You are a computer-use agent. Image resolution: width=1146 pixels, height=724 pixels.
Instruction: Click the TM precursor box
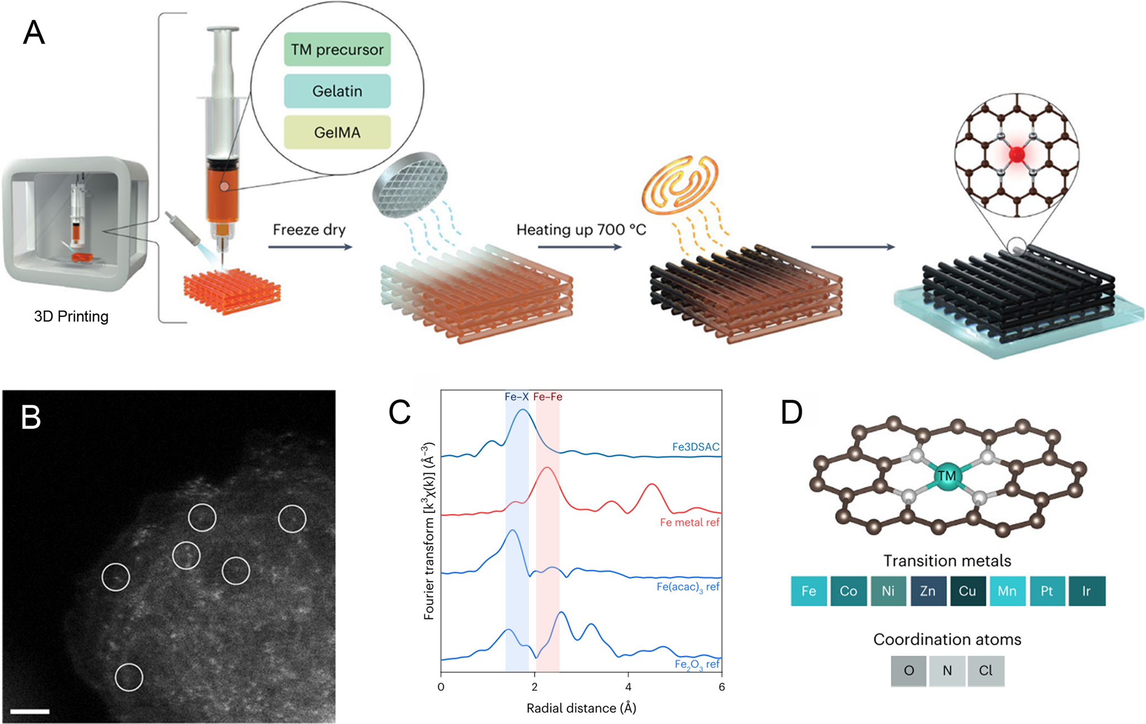(x=337, y=50)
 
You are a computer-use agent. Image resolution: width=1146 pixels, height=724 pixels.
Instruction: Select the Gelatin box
(x=337, y=91)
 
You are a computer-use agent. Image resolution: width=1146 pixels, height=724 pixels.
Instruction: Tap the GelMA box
(x=337, y=133)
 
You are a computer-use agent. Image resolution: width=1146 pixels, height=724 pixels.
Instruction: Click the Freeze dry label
(x=309, y=230)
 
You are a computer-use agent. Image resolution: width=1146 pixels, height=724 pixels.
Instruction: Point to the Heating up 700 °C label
(x=581, y=230)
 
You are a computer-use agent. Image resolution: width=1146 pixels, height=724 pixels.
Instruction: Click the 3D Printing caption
(x=71, y=316)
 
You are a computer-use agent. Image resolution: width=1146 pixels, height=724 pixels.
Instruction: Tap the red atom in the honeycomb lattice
(x=1017, y=154)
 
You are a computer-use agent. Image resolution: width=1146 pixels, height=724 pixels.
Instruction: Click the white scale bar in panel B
(x=30, y=712)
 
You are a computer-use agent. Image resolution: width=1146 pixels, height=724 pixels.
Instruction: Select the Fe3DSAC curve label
(x=695, y=447)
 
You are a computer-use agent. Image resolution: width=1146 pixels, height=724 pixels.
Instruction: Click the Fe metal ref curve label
(x=689, y=523)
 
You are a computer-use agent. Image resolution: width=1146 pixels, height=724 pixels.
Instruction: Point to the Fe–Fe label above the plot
(x=547, y=397)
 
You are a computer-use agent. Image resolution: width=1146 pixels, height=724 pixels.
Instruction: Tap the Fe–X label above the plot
(x=517, y=397)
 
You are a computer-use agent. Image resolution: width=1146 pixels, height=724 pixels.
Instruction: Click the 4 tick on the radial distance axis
(x=628, y=687)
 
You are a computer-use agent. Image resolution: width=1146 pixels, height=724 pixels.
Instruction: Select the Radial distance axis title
(x=581, y=708)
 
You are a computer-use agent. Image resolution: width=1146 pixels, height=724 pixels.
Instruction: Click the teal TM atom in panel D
(x=946, y=476)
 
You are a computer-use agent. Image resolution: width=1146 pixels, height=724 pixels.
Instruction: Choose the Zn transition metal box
(x=928, y=591)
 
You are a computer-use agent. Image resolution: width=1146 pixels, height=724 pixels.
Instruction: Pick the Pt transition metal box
(x=1047, y=591)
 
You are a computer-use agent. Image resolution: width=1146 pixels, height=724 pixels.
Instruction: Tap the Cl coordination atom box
(x=986, y=671)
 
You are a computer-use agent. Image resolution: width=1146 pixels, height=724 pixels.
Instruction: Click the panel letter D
(x=792, y=413)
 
